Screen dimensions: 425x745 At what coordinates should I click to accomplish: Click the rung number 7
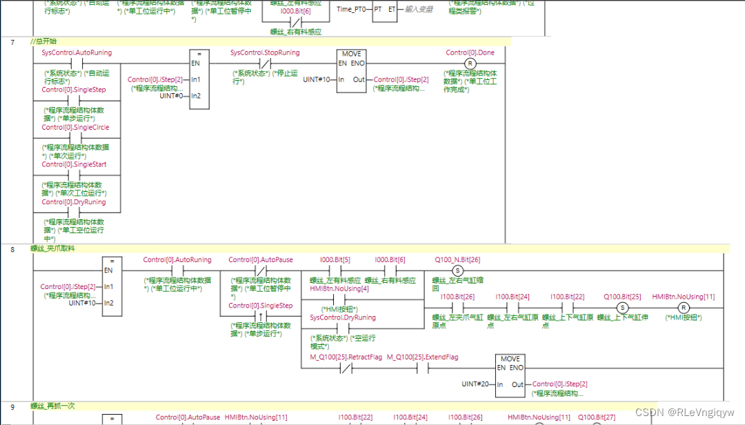pos(13,42)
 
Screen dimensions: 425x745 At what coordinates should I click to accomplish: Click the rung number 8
pos(13,248)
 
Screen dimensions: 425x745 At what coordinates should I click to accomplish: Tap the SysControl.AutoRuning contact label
pos(77,52)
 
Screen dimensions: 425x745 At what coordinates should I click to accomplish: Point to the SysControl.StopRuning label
pos(265,52)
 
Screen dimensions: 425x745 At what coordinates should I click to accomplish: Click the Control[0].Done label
pos(470,52)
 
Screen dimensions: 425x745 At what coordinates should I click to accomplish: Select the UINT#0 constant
pos(172,95)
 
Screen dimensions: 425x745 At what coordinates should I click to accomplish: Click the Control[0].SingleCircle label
pos(75,128)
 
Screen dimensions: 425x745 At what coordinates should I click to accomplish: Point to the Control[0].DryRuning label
pos(74,202)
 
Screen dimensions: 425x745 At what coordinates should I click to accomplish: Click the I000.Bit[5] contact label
pos(335,260)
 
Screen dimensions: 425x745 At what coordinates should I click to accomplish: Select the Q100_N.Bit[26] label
pos(457,260)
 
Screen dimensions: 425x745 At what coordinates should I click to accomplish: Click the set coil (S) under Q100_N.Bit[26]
pos(457,270)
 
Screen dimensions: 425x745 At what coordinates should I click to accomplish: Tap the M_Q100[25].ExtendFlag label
pos(422,357)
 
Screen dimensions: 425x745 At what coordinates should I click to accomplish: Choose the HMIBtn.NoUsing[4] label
pos(339,288)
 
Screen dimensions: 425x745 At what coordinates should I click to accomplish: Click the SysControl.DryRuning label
pos(343,317)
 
